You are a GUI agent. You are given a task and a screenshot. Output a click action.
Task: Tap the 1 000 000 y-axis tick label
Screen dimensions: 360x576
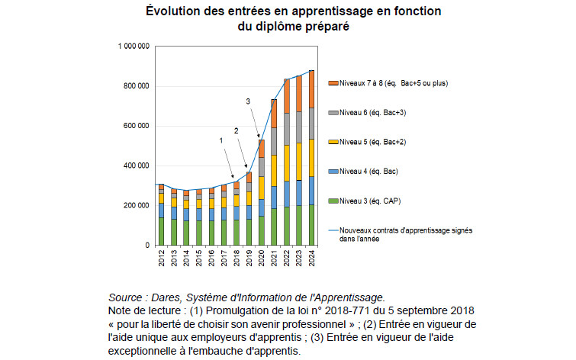pyautogui.click(x=134, y=47)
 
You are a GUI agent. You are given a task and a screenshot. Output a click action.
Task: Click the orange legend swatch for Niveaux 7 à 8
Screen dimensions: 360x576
pyautogui.click(x=332, y=82)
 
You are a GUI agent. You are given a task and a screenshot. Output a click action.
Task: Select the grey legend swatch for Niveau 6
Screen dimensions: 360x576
pyautogui.click(x=332, y=112)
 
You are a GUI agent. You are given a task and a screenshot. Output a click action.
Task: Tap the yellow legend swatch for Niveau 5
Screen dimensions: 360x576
pyautogui.click(x=332, y=141)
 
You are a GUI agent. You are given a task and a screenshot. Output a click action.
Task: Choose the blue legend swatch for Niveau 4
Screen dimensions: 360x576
pyautogui.click(x=332, y=171)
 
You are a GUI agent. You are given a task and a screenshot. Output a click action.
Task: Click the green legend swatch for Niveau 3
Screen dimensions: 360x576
pyautogui.click(x=332, y=201)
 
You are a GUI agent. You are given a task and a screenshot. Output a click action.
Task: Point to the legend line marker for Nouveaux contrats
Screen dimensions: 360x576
pyautogui.click(x=332, y=230)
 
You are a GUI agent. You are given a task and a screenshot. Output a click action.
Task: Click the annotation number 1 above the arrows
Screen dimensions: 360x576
pyautogui.click(x=221, y=140)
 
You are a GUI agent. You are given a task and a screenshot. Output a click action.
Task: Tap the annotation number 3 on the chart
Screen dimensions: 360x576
pyautogui.click(x=248, y=101)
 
